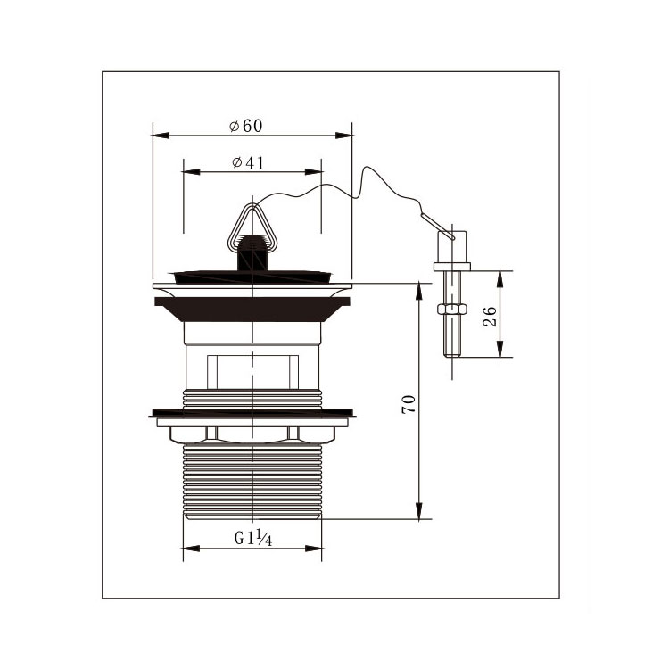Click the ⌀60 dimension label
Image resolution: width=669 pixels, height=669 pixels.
(x=246, y=126)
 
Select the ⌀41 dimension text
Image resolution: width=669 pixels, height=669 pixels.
(x=248, y=162)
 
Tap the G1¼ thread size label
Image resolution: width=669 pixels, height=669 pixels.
(x=253, y=539)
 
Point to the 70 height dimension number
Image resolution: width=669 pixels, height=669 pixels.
(x=409, y=403)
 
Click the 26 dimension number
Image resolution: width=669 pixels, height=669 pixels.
(x=491, y=316)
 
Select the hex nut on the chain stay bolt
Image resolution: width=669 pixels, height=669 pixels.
(x=452, y=309)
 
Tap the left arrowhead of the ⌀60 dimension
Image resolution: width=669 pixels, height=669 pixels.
(x=161, y=136)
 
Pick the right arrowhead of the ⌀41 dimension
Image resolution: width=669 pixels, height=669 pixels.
(x=314, y=172)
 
